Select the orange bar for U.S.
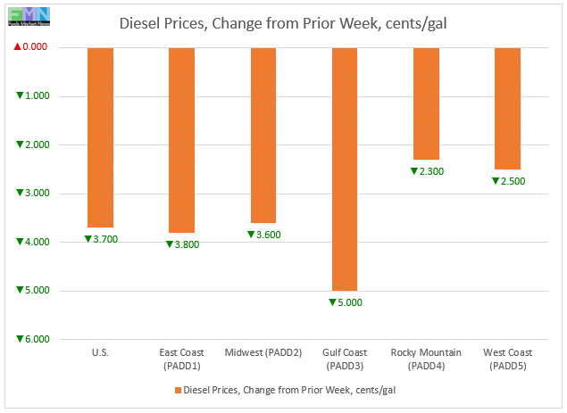coord(100,137)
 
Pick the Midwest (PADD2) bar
coord(263,135)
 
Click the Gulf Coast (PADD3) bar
coord(345,169)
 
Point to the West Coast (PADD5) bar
coord(507,108)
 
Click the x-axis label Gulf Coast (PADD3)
coord(345,359)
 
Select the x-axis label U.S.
coord(101,352)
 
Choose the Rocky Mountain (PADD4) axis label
coord(426,359)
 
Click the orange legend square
coord(177,390)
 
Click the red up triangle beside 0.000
coord(21,47)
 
